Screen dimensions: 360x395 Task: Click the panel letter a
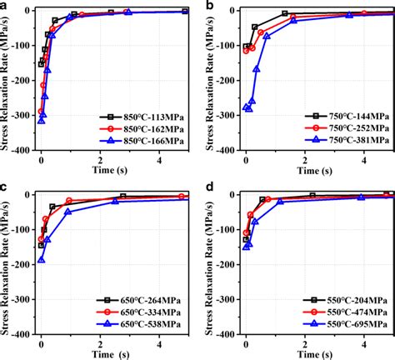[x=7, y=7]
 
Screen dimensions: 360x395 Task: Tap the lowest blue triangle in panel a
[x=42, y=121]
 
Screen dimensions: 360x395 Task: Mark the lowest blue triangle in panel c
[x=42, y=259]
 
